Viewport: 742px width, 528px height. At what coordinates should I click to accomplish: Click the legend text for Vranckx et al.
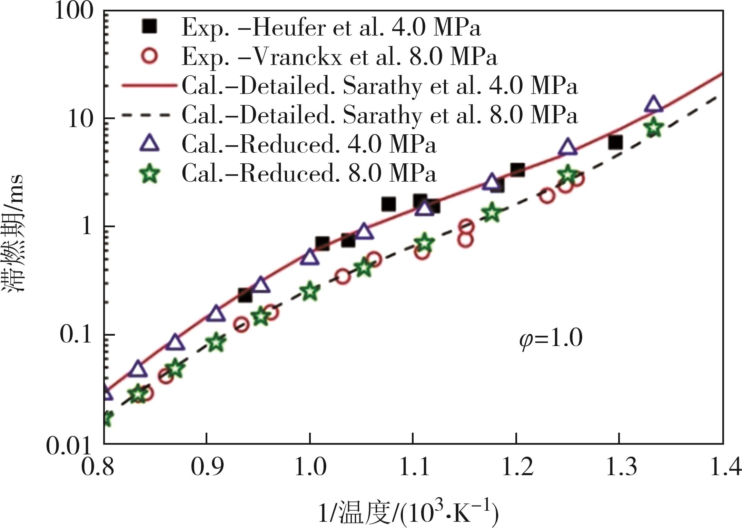point(339,57)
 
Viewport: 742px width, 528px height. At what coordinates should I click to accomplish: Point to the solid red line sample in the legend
point(149,86)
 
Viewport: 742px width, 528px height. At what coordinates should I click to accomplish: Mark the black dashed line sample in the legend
point(149,115)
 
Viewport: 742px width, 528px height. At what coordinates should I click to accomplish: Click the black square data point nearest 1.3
point(615,142)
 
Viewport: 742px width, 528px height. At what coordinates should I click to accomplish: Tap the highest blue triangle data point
point(653,104)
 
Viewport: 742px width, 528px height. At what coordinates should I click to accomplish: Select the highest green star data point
point(654,127)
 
